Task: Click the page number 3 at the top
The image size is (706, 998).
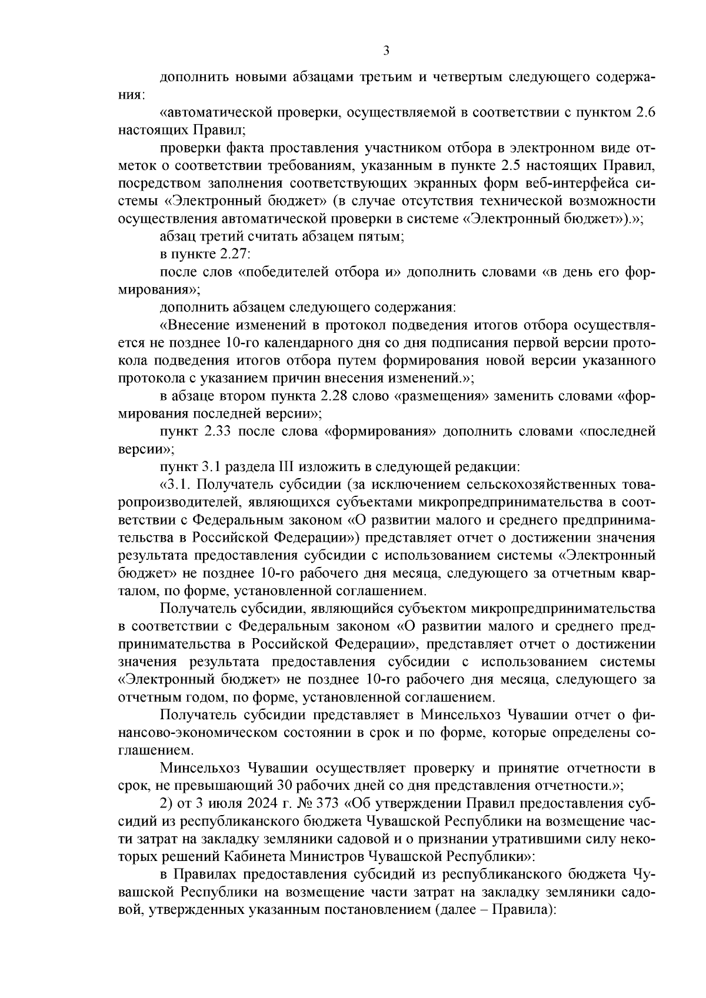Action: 386,51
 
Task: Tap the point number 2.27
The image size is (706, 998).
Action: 234,255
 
